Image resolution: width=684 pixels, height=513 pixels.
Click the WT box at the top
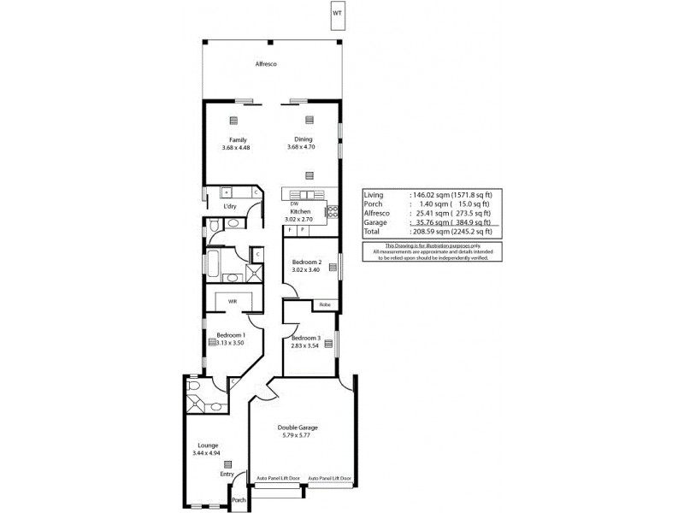pyautogui.click(x=339, y=15)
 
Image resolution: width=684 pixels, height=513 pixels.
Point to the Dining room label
pyautogui.click(x=304, y=139)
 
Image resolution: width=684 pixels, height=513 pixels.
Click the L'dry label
pyautogui.click(x=229, y=207)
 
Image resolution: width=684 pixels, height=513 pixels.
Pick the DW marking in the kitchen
pyautogui.click(x=294, y=203)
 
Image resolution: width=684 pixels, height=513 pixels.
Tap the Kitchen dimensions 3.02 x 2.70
pyautogui.click(x=299, y=219)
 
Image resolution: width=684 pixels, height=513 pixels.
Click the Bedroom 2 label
pyautogui.click(x=306, y=262)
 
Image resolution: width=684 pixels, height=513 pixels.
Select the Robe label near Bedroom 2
pyautogui.click(x=325, y=304)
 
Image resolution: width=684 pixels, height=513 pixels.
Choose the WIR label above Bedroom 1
pyautogui.click(x=232, y=301)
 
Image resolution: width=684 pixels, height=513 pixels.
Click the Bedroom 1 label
pyautogui.click(x=231, y=334)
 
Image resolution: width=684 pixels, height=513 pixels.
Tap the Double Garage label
pyautogui.click(x=298, y=427)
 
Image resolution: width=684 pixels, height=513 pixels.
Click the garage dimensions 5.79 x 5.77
pyautogui.click(x=298, y=436)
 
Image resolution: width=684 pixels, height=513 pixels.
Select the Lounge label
pyautogui.click(x=208, y=445)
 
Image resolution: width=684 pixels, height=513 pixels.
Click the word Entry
pyautogui.click(x=227, y=474)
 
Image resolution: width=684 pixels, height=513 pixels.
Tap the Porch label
pyautogui.click(x=239, y=500)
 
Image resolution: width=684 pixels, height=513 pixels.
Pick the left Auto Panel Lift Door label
pyautogui.click(x=279, y=479)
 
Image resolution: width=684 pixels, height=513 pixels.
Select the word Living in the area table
pyautogui.click(x=374, y=195)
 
